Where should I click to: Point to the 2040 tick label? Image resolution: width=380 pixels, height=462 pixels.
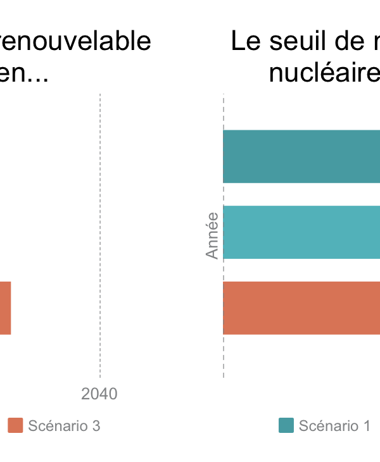click(99, 394)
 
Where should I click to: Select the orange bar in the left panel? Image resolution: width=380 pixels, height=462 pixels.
click(5, 308)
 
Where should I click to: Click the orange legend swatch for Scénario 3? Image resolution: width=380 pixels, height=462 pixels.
click(15, 426)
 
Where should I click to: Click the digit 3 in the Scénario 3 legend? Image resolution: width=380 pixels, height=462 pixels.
click(96, 426)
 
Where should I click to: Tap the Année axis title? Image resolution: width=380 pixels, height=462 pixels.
click(212, 235)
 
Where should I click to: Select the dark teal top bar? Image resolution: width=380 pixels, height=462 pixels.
click(301, 156)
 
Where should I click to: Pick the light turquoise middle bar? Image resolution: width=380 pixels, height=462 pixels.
click(301, 232)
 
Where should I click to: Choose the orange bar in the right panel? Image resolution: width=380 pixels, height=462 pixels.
click(301, 308)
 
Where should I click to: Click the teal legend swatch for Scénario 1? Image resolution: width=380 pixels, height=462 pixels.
click(286, 426)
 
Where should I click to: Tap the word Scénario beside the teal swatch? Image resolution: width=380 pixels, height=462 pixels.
click(329, 426)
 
